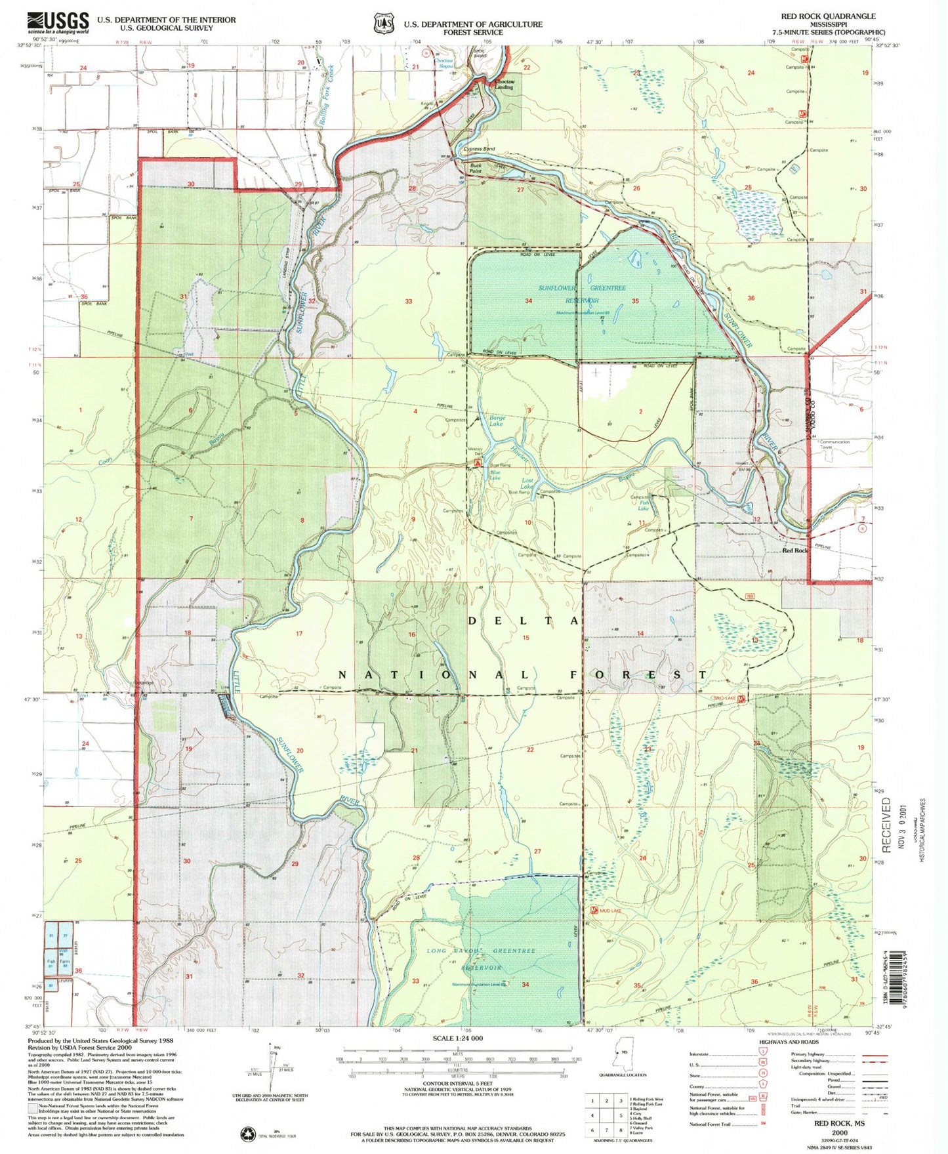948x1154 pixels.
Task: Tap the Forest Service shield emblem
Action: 382,24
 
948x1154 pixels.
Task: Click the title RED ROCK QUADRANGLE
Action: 827,16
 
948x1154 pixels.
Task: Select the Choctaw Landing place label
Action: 503,85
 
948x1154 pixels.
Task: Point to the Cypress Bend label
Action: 479,149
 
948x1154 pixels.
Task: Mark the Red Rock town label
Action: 795,550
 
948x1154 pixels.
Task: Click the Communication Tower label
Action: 834,444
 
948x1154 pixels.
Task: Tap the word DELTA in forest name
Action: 523,620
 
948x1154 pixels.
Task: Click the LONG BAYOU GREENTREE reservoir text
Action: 482,951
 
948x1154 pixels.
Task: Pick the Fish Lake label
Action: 644,505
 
